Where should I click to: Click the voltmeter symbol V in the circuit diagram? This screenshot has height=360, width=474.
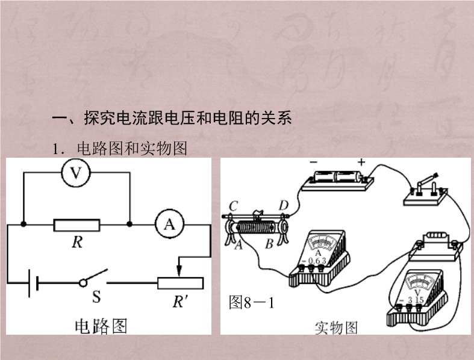point(76,173)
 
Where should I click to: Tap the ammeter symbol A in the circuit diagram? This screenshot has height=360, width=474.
point(169,224)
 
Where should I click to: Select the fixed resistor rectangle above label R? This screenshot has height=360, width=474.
point(76,225)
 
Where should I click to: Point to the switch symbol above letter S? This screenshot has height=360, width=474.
point(93,278)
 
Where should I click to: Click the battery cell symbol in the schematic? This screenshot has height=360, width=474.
point(33,282)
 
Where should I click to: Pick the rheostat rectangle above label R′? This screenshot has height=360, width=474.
point(180,282)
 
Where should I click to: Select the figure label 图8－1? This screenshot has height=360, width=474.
point(252,303)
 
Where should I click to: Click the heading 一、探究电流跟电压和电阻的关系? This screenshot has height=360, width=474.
point(172,118)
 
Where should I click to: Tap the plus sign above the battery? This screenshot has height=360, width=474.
point(361,162)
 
